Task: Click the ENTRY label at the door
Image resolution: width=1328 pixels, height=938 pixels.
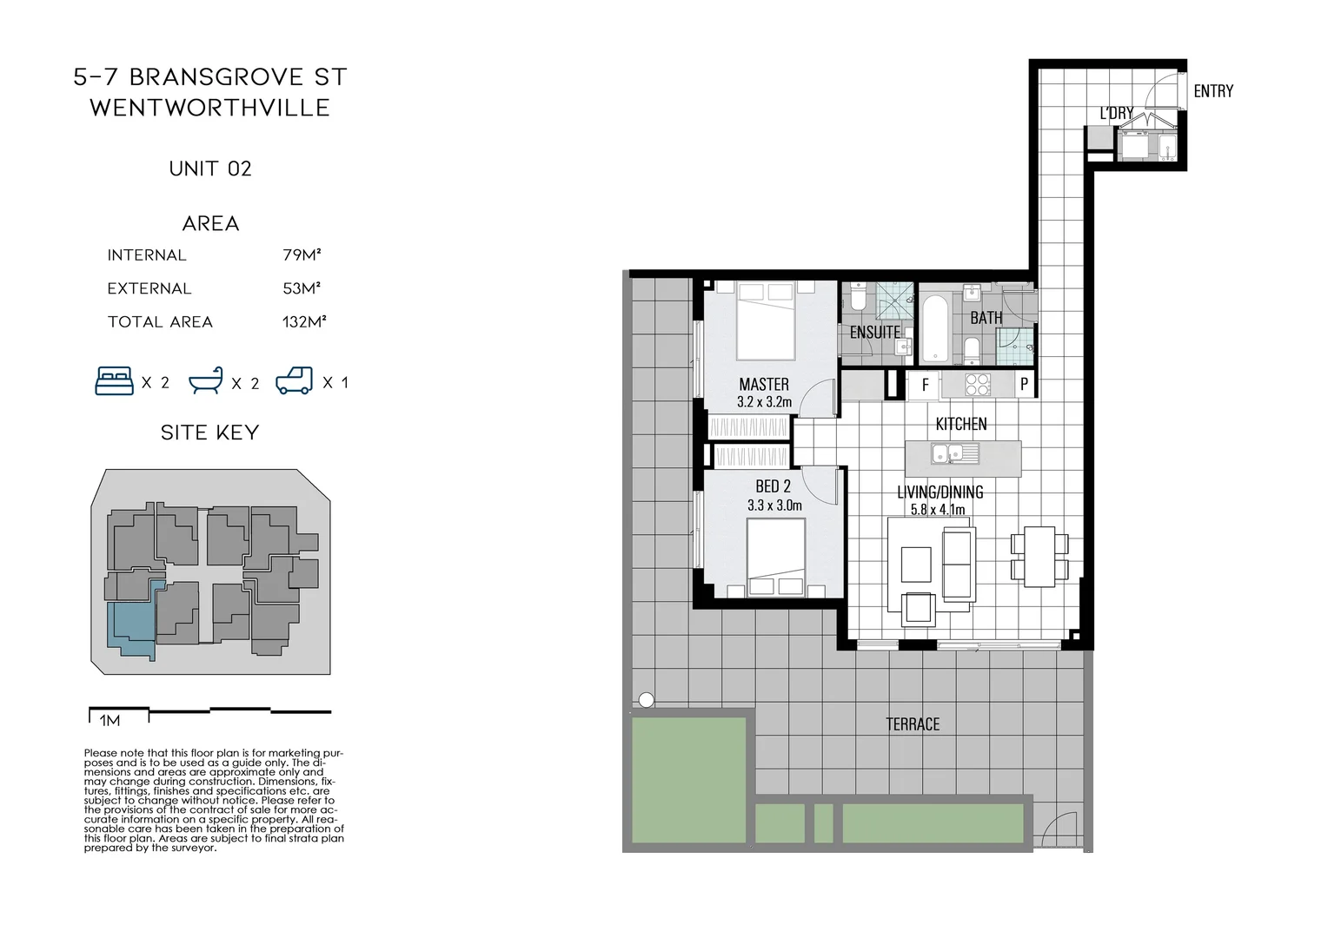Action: (1212, 91)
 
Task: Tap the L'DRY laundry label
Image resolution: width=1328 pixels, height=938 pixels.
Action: (1116, 113)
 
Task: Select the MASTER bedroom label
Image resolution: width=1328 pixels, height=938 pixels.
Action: (764, 384)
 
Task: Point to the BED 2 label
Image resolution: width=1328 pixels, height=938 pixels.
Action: (773, 486)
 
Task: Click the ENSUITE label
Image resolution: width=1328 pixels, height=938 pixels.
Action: (874, 332)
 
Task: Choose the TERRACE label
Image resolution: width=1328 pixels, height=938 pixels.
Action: (913, 724)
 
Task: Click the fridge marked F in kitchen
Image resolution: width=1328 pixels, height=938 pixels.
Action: (925, 384)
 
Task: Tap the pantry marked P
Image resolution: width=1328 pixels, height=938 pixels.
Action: (1025, 384)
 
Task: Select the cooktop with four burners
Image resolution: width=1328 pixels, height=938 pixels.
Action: (978, 384)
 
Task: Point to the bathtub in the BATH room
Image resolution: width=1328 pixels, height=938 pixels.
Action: (935, 328)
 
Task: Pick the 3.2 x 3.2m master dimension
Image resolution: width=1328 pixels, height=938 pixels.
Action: (764, 402)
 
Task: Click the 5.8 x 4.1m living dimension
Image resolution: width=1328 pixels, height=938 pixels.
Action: (938, 510)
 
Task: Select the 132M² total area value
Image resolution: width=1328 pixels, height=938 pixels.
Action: (304, 322)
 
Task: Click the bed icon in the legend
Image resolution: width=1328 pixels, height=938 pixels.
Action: (114, 381)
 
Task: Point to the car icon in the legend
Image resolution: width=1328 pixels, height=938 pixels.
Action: (294, 381)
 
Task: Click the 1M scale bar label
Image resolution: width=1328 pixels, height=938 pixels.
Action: (110, 721)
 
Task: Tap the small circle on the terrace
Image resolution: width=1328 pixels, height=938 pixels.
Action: (646, 700)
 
